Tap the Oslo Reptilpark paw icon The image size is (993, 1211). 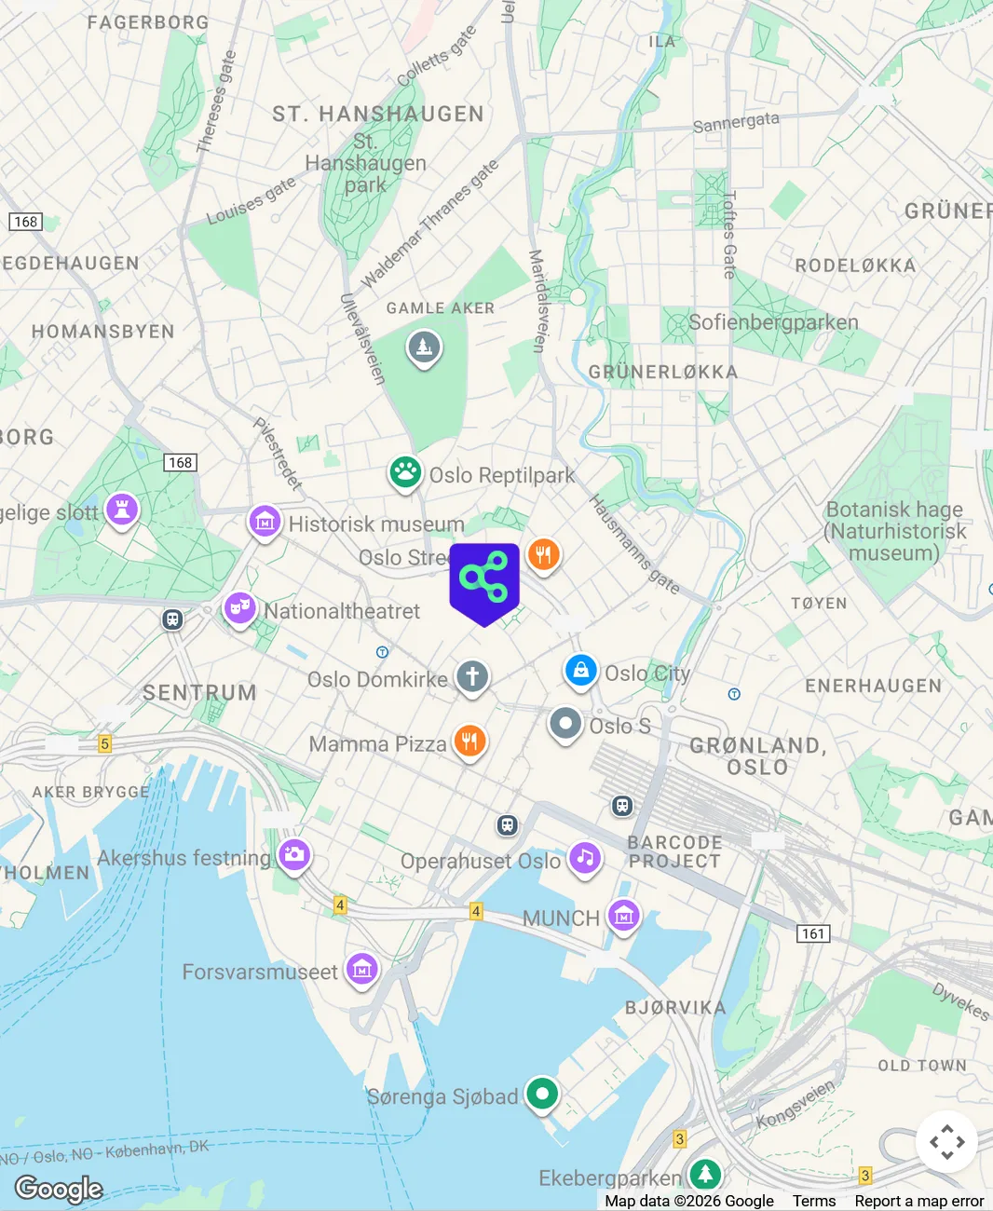tap(405, 472)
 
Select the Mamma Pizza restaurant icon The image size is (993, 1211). tap(469, 742)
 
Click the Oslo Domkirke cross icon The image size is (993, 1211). tap(472, 676)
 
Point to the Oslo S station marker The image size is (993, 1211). tap(565, 724)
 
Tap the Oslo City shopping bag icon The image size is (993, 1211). tap(580, 671)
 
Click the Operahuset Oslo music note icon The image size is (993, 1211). tap(585, 857)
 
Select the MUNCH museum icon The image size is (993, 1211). tap(623, 916)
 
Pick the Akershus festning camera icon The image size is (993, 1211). tap(294, 854)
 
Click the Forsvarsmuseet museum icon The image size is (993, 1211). tap(361, 970)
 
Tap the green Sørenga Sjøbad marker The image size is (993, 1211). tap(541, 1094)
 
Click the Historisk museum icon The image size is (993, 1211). tap(265, 522)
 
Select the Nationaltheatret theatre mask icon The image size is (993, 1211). tap(239, 609)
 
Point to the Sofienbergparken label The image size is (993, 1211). tap(773, 322)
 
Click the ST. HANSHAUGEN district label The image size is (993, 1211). tap(378, 114)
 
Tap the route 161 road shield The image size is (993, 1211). tap(813, 933)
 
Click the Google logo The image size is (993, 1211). tap(59, 1189)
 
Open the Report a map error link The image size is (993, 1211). tap(918, 1201)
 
